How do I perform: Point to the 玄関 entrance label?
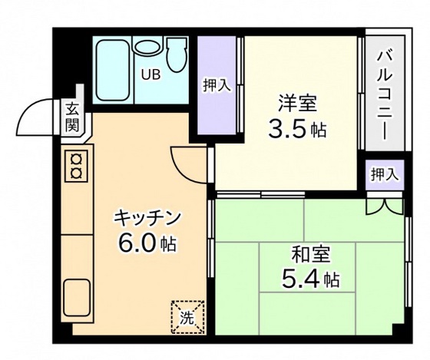click(x=72, y=117)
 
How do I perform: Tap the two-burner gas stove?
click(x=76, y=166)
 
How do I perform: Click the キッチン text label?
click(x=147, y=217)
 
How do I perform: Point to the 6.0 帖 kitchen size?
click(x=147, y=244)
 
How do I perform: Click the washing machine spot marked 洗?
click(x=187, y=316)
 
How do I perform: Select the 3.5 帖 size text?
click(x=296, y=129)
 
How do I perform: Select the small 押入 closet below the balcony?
click(x=384, y=174)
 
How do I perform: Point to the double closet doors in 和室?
click(x=384, y=206)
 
